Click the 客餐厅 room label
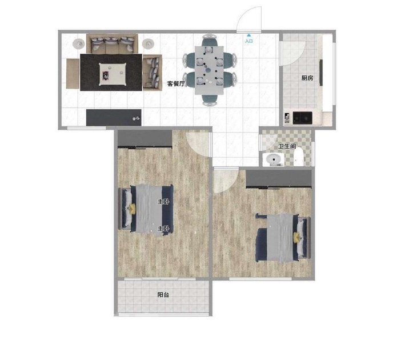(176, 84)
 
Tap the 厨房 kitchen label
(307, 78)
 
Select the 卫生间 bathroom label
(287, 146)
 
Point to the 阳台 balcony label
(163, 295)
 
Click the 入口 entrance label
(248, 41)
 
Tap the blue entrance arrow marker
(248, 35)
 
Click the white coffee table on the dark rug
(113, 74)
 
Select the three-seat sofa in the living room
(112, 43)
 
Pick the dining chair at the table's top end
(209, 41)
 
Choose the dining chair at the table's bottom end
(210, 100)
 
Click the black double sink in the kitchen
(303, 118)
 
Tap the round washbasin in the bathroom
(273, 159)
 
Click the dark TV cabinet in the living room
(114, 117)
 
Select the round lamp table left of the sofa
(79, 44)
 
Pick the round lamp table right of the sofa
(149, 44)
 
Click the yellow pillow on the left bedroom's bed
(132, 209)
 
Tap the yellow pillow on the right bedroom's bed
(297, 237)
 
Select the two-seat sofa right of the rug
(153, 73)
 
